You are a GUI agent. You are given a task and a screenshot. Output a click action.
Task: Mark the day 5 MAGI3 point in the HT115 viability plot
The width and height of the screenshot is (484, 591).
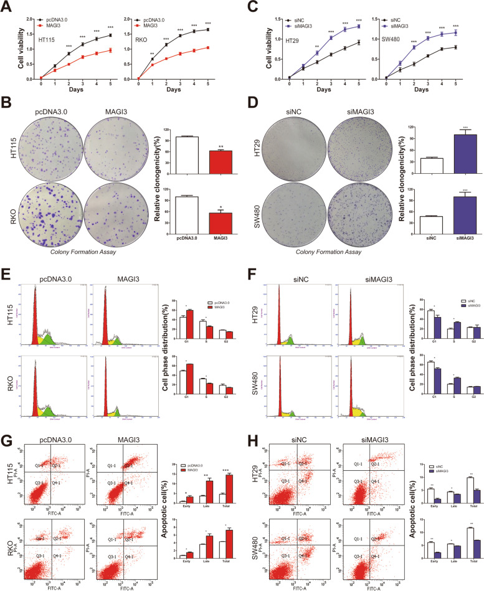tap(110, 50)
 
